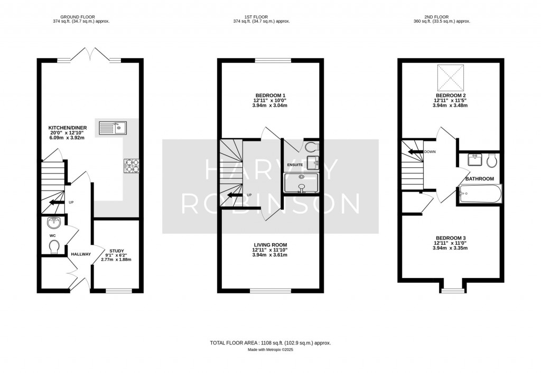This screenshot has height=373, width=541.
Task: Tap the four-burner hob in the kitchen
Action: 131,166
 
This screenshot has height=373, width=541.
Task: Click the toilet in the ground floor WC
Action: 53,246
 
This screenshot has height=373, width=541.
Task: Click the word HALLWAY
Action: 81,254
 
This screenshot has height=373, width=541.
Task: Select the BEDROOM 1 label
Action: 270,95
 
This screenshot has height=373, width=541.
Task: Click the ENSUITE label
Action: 294,165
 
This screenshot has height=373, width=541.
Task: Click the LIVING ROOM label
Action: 270,244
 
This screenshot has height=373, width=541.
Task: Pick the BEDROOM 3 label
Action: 450,237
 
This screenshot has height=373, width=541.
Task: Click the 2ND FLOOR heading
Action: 442,16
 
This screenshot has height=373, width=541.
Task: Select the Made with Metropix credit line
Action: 270,350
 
